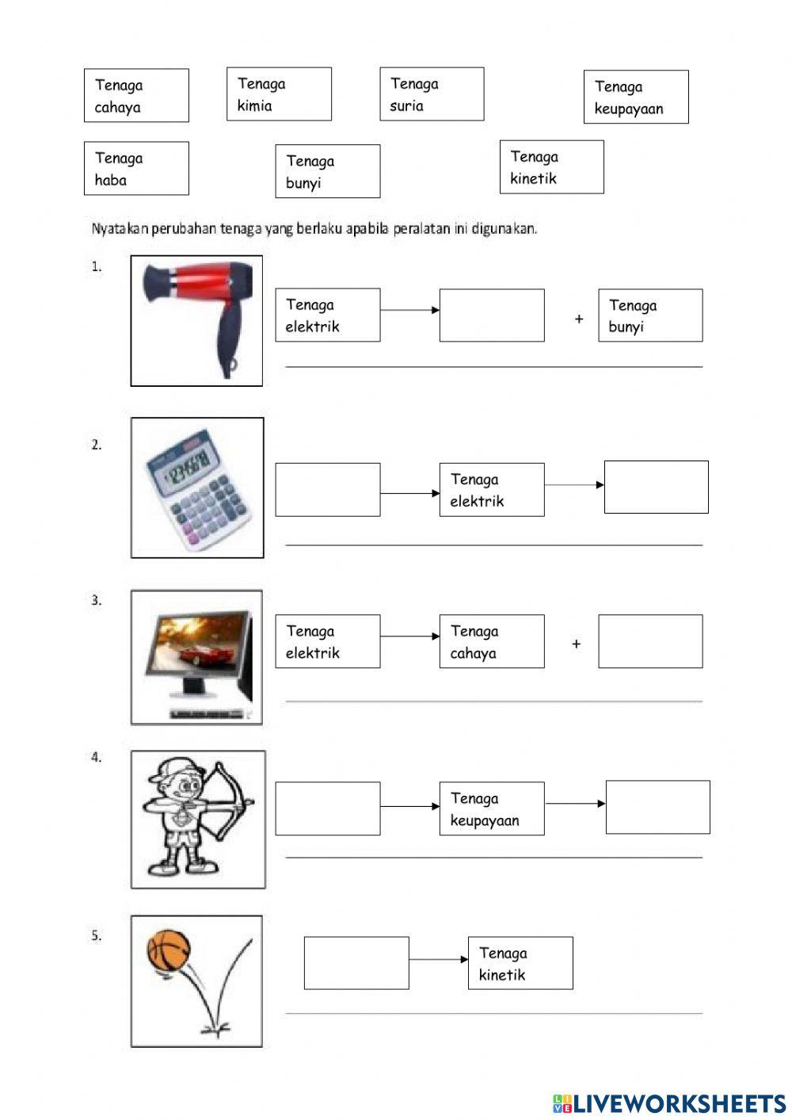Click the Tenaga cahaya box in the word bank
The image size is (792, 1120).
click(136, 95)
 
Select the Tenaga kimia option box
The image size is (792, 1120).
click(279, 94)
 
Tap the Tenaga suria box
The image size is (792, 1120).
click(432, 94)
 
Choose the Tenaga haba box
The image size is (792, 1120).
click(136, 168)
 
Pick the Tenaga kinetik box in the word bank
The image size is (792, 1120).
click(551, 166)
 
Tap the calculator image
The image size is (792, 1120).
click(197, 488)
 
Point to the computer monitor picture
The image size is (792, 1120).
click(196, 657)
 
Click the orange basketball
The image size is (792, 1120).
click(169, 950)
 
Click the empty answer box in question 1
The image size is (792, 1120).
click(492, 315)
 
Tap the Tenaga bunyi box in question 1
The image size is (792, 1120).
click(650, 315)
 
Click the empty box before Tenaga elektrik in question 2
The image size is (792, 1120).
click(328, 490)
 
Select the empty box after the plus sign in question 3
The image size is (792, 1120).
click(650, 641)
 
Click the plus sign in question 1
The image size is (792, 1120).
click(579, 319)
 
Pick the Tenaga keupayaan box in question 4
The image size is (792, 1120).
click(492, 808)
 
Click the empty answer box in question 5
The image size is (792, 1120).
click(356, 963)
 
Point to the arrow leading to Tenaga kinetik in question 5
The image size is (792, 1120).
click(439, 959)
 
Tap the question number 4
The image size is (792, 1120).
click(97, 758)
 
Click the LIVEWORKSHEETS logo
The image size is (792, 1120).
click(669, 1103)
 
